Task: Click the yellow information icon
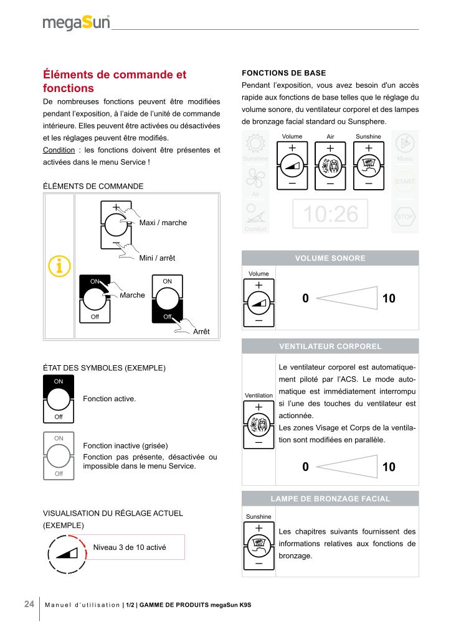(x=59, y=266)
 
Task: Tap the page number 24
(x=29, y=604)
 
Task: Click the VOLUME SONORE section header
(x=330, y=258)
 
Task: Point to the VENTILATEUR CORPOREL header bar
(x=330, y=346)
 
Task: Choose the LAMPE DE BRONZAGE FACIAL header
(x=330, y=499)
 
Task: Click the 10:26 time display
(x=330, y=214)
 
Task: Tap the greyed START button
(x=404, y=181)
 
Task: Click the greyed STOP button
(x=404, y=216)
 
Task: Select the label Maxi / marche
(x=163, y=223)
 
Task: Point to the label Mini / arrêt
(x=157, y=258)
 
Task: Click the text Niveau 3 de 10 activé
(x=130, y=547)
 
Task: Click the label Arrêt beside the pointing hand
(x=201, y=332)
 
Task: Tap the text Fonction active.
(x=110, y=398)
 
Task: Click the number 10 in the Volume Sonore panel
(x=389, y=299)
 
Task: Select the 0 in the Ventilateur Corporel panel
(x=305, y=467)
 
